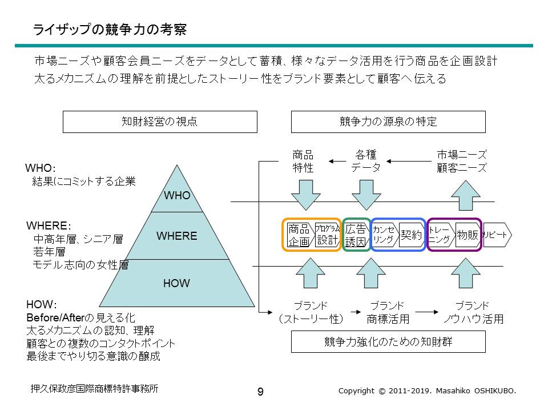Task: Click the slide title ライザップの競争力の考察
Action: click(109, 30)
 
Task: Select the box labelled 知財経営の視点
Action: click(160, 122)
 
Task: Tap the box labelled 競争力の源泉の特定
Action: click(388, 122)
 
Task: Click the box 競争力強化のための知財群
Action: click(388, 342)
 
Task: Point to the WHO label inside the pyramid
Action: click(177, 196)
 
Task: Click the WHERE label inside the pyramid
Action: click(177, 236)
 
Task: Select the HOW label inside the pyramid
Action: click(177, 283)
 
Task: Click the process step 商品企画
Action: click(299, 235)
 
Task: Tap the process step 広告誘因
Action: click(356, 235)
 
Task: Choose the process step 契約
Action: click(411, 235)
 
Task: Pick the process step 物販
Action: click(468, 235)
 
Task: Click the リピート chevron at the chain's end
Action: click(497, 235)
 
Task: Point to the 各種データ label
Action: click(366, 161)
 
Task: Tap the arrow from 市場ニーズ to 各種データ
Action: click(408, 162)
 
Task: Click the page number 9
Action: click(260, 392)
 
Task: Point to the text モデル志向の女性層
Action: click(80, 265)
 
